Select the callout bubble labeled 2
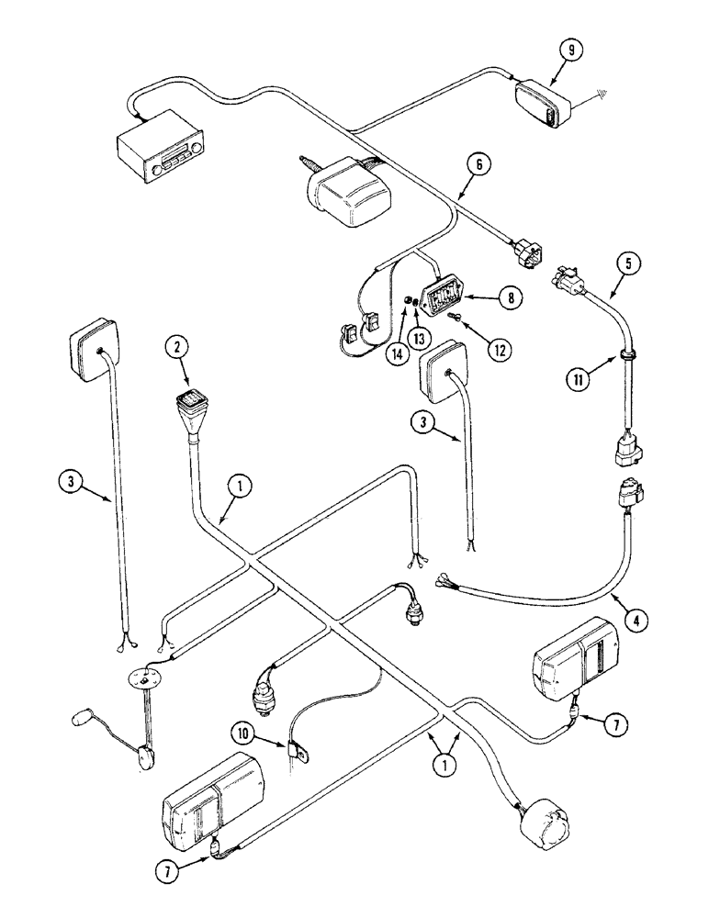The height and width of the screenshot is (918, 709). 175,347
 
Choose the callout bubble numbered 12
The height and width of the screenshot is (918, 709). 500,348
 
